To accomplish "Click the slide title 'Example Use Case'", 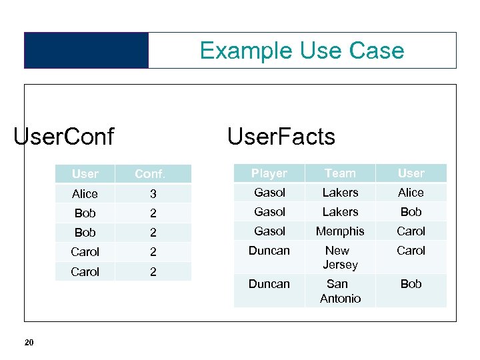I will (x=301, y=51).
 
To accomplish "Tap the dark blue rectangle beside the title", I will (x=86, y=51).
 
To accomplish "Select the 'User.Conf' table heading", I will (x=63, y=137).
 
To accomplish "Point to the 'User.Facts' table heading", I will (x=281, y=137).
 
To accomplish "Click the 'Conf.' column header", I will (x=150, y=174).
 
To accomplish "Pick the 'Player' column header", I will (x=269, y=173).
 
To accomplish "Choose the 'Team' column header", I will (x=340, y=173).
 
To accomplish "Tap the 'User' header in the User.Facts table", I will (x=411, y=173).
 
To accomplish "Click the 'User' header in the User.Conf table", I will (x=85, y=174).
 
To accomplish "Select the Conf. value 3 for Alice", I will (x=152, y=194).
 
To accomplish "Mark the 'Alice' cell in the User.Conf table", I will (x=85, y=194).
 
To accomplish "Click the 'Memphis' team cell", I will (x=340, y=231).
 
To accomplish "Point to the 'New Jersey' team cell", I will (x=340, y=257).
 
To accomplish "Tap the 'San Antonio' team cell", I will (x=340, y=291).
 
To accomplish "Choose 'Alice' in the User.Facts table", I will (x=411, y=193).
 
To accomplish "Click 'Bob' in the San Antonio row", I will (x=411, y=284).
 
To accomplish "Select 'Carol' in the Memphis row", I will (x=411, y=231).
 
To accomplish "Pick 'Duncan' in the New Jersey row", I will (x=269, y=251).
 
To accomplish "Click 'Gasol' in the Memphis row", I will (x=269, y=231).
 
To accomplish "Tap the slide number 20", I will (x=29, y=343).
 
